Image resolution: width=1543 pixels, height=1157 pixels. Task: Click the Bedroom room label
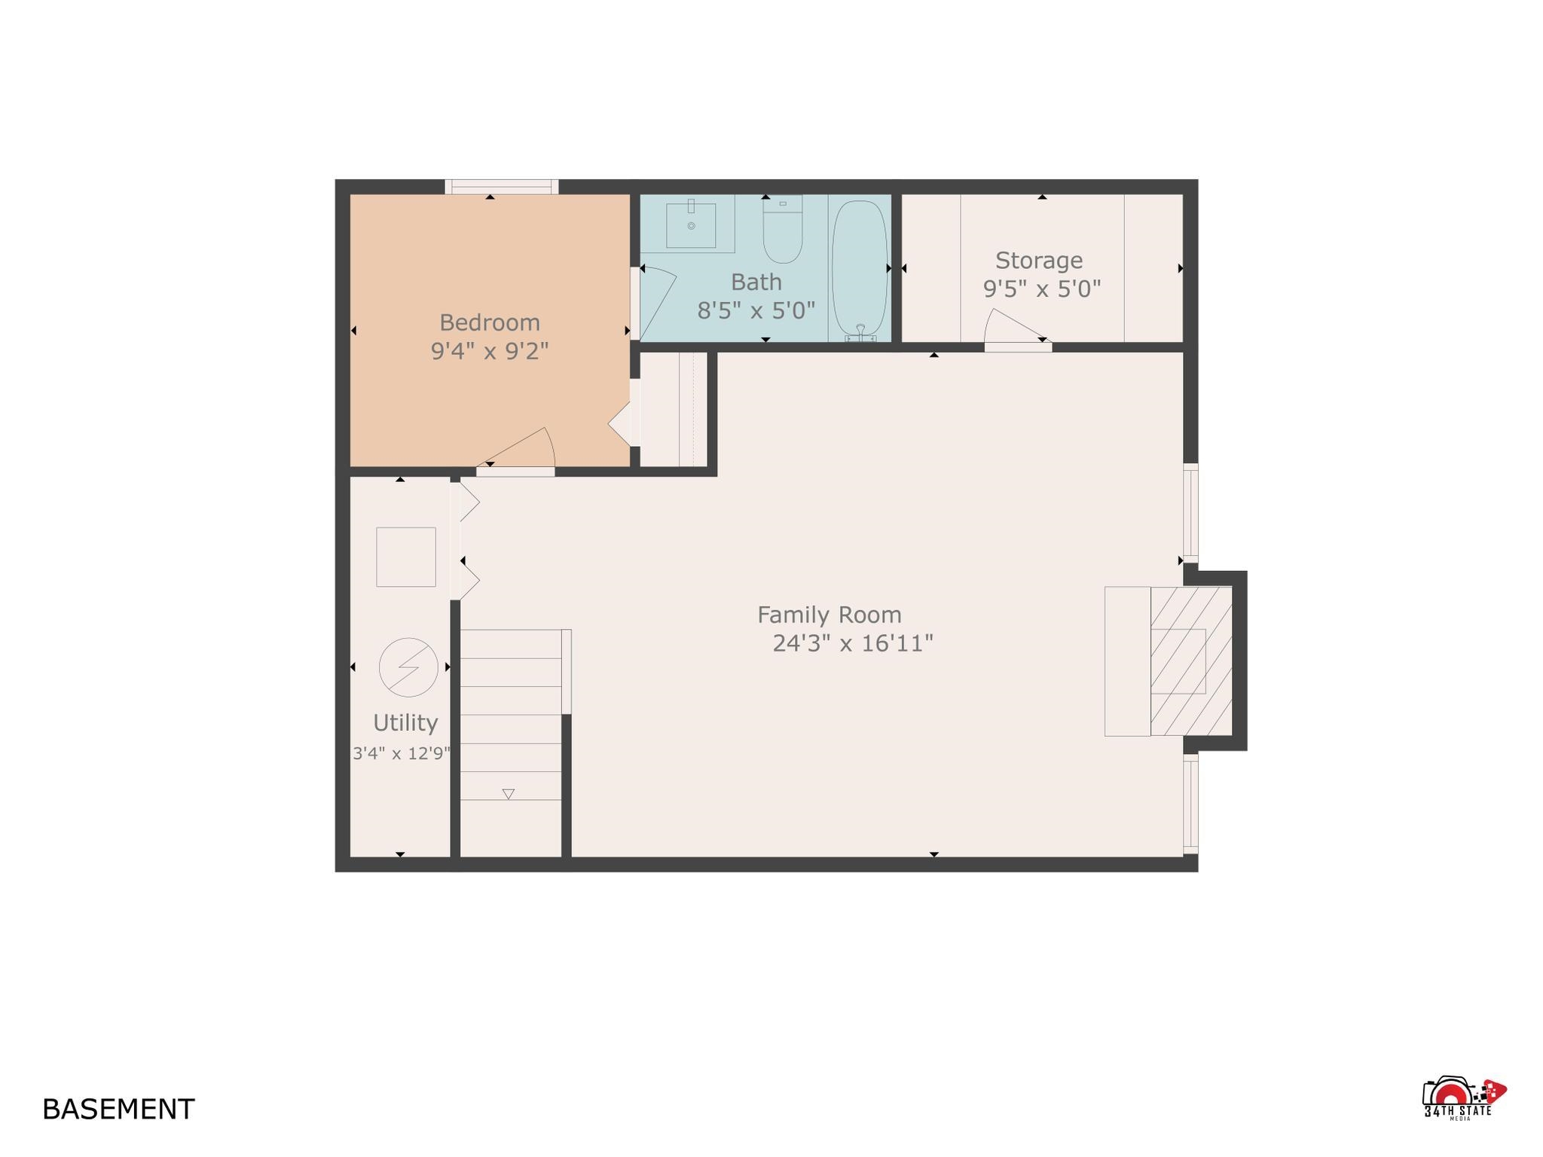[x=490, y=322]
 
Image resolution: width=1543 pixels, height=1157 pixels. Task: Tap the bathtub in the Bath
[x=860, y=268]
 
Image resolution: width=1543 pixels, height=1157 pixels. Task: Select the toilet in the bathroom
[x=783, y=229]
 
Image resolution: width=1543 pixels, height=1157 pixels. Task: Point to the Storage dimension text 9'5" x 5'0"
[x=1042, y=288]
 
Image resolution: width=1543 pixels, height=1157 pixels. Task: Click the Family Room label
[x=830, y=615]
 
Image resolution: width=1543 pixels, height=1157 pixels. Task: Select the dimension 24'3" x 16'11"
[x=853, y=643]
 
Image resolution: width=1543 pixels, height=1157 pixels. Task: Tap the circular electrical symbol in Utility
[x=408, y=667]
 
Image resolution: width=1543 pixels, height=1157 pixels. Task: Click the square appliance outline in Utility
[x=406, y=557]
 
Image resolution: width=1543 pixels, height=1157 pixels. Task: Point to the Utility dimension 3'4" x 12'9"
[x=402, y=753]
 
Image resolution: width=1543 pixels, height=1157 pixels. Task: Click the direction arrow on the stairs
[x=509, y=794]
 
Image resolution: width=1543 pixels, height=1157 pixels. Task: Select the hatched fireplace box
[x=1191, y=661]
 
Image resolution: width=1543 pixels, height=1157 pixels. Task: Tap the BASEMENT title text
[x=118, y=1110]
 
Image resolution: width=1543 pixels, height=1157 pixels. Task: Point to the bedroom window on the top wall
[x=501, y=187]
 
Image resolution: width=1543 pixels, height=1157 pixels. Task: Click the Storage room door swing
[x=1015, y=328]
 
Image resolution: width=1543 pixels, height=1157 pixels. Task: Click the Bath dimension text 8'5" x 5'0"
[x=756, y=310]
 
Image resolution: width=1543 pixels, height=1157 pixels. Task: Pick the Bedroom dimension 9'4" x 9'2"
[x=490, y=351]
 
